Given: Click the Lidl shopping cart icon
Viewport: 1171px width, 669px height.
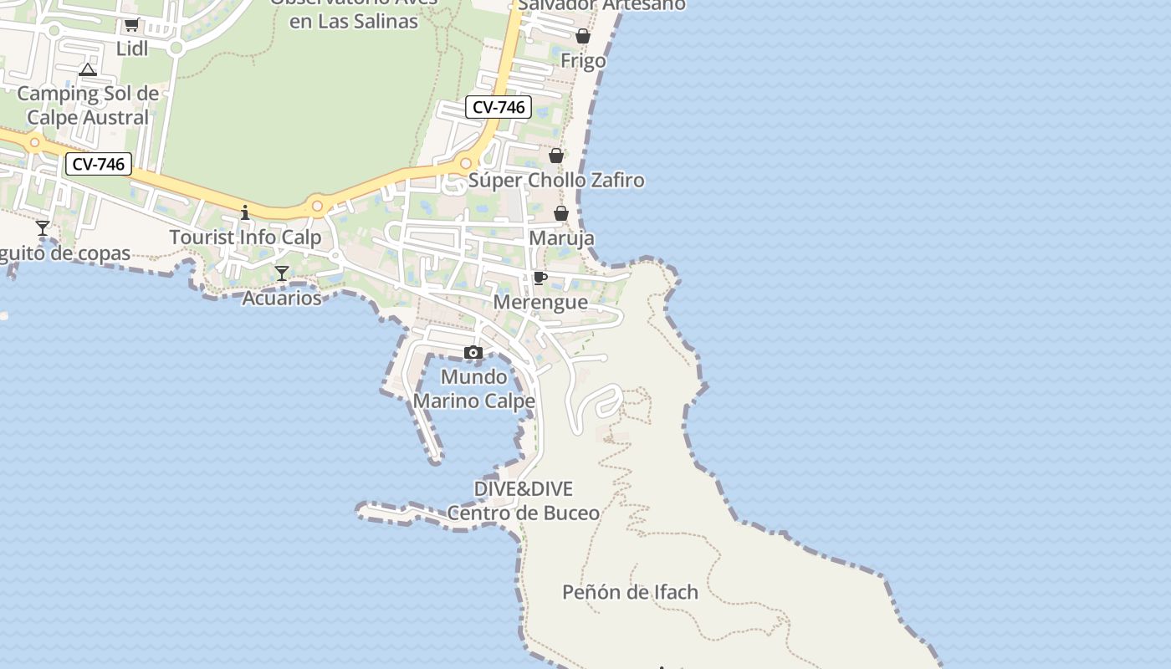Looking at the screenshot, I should (x=131, y=25).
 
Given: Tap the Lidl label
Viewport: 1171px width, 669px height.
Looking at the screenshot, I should (x=132, y=49).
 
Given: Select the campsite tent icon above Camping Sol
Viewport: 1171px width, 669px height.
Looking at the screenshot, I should (x=88, y=69).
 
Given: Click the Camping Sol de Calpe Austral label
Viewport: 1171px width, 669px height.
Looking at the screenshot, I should (x=88, y=105).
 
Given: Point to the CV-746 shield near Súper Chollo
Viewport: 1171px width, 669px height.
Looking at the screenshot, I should (x=499, y=107).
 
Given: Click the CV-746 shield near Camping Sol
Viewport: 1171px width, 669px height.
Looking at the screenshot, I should (x=99, y=165).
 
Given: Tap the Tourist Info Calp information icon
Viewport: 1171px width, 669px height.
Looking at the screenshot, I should (x=245, y=212).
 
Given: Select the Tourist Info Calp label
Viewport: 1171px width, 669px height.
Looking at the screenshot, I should (x=245, y=237).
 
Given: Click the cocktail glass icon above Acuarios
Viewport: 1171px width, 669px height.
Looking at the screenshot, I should (x=282, y=273).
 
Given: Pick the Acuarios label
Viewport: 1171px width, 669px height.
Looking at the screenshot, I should (x=282, y=298).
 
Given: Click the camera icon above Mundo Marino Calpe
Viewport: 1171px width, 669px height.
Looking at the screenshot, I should (x=473, y=353).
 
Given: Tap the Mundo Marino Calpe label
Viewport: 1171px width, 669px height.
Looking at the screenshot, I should (x=474, y=389).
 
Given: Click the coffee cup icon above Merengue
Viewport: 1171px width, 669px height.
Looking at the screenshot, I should (x=540, y=278).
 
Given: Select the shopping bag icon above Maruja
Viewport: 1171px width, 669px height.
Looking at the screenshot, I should (x=561, y=214).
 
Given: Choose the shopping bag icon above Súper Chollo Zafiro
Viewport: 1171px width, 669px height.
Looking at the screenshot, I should (x=556, y=156).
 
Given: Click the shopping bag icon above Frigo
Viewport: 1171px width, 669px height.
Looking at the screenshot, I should (x=583, y=36).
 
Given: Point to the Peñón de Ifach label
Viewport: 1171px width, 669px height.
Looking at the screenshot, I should (x=630, y=592).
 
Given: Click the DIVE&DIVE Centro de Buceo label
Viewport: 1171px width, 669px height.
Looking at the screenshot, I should (x=524, y=500).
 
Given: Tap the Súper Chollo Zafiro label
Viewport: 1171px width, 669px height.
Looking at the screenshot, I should (x=556, y=180).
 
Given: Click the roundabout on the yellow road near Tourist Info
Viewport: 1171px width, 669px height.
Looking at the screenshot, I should (x=317, y=206).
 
